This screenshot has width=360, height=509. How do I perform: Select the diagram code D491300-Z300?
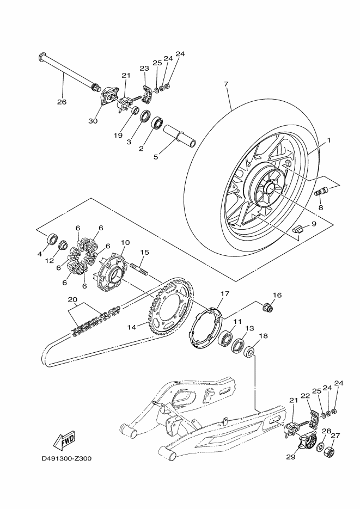[x=66, y=459]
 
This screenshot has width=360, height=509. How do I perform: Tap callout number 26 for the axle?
[x=62, y=102]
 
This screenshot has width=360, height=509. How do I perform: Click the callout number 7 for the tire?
[x=226, y=84]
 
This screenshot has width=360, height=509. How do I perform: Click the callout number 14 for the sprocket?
[x=131, y=328]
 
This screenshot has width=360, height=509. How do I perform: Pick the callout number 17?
[x=225, y=293]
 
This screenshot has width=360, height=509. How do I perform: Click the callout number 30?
[x=93, y=121]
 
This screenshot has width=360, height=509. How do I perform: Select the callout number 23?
[x=144, y=68]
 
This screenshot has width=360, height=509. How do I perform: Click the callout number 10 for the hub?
[x=125, y=242]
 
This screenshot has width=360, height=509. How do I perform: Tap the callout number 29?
[x=291, y=457]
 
